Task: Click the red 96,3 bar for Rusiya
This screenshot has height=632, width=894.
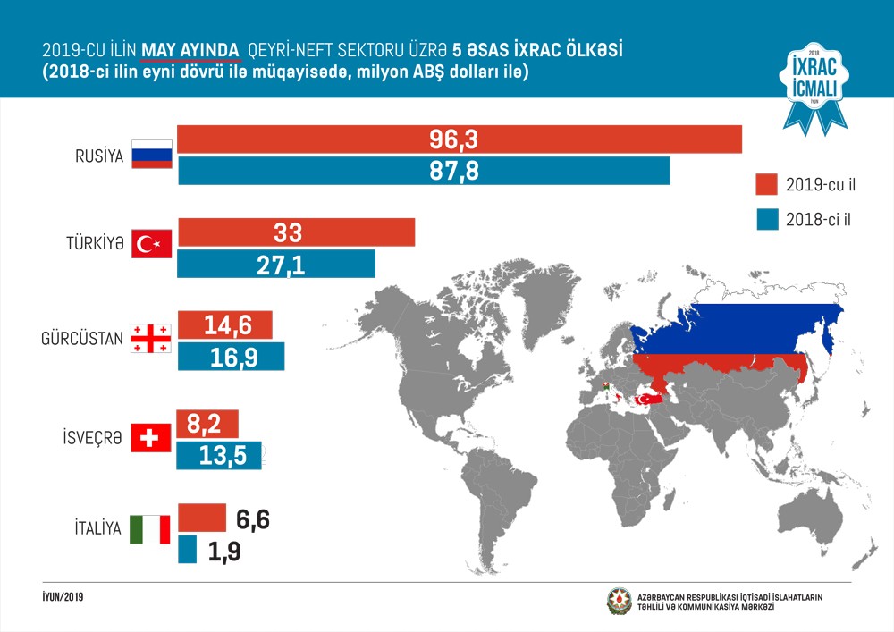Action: click(460, 139)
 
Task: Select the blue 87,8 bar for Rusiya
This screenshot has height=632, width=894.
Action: click(424, 171)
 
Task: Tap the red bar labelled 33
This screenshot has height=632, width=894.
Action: click(297, 232)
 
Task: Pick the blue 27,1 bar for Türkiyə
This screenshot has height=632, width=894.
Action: click(276, 264)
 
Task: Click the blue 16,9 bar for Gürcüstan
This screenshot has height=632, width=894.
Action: click(232, 357)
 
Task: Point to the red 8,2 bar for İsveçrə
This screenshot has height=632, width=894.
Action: click(213, 422)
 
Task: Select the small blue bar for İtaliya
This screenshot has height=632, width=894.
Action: click(188, 549)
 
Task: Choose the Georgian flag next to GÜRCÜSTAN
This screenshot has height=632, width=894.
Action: click(149, 338)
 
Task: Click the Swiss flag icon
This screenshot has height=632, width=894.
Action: click(150, 437)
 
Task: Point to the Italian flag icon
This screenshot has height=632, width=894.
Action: click(149, 529)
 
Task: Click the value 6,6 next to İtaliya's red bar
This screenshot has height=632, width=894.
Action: click(250, 520)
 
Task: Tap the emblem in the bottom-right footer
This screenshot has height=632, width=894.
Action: click(619, 601)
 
